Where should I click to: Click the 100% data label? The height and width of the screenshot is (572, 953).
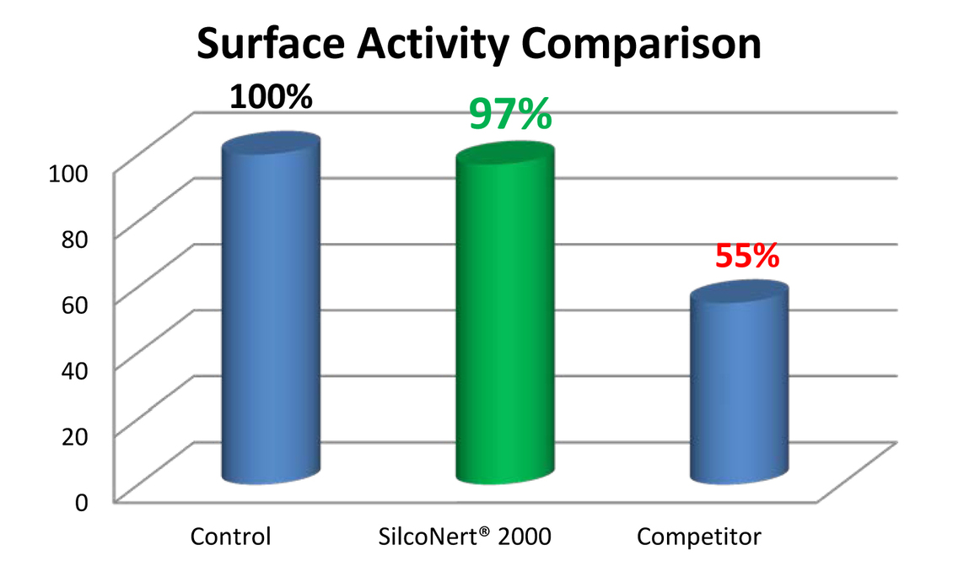coord(271,96)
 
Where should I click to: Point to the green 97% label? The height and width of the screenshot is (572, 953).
coord(510,114)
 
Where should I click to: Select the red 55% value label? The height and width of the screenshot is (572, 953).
coord(746,256)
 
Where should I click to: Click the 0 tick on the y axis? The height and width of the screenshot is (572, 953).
coord(81,502)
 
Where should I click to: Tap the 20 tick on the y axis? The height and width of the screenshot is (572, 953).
coord(74,435)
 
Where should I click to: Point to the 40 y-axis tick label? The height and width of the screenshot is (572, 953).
coord(74,370)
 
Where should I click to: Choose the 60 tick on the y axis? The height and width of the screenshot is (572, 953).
coord(74,304)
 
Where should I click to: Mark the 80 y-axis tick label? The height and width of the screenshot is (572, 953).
coord(74,238)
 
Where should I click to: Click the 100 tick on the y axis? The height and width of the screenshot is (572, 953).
coord(68,173)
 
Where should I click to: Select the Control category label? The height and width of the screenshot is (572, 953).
coord(230,537)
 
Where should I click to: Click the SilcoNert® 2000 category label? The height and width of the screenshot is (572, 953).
coord(463,537)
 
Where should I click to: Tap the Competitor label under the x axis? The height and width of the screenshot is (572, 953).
coord(699,537)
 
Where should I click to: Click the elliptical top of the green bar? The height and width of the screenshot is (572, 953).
coord(504,161)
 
